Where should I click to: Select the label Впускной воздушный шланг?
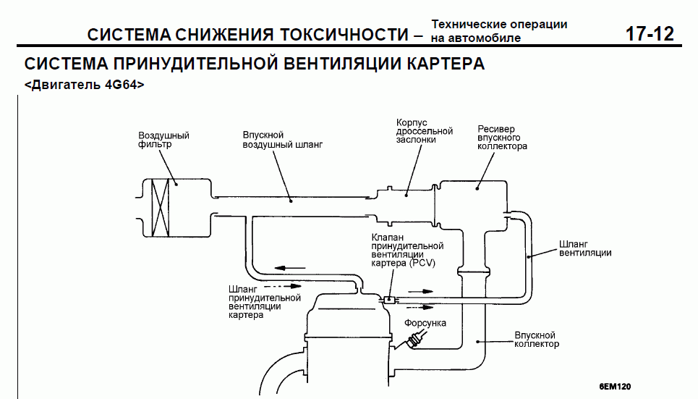pos(282,140)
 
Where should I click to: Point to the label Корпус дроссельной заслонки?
pos(425,131)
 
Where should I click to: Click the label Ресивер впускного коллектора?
pos(502,138)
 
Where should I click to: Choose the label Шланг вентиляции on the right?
pos(585,248)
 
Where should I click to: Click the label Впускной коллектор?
pos(536,340)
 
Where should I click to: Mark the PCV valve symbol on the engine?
pos(388,298)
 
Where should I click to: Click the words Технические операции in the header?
pos(499,25)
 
